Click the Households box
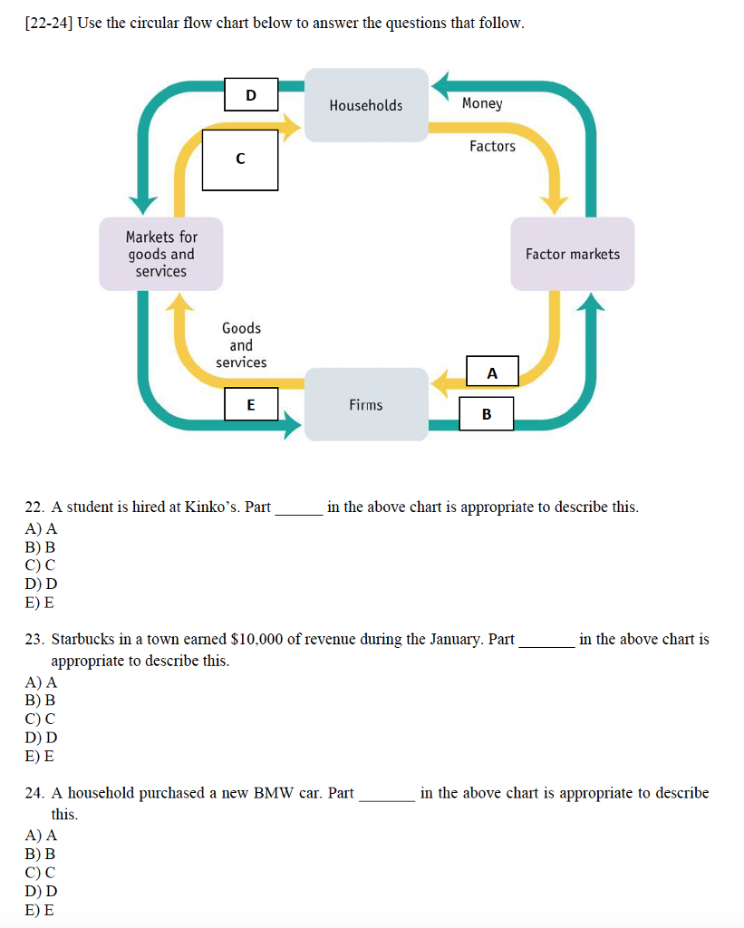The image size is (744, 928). [366, 105]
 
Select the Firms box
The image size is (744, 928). [366, 404]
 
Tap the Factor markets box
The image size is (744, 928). [572, 254]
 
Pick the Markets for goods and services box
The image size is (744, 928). [160, 254]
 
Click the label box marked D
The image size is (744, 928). [251, 94]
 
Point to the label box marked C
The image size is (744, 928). [240, 159]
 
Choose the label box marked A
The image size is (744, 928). [492, 372]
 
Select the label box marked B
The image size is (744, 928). [487, 413]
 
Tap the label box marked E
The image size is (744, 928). [251, 404]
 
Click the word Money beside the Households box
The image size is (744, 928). [482, 103]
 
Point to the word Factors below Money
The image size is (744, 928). [492, 146]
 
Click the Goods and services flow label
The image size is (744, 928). [241, 345]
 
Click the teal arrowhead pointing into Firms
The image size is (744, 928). [292, 422]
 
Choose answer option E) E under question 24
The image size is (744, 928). [40, 910]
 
